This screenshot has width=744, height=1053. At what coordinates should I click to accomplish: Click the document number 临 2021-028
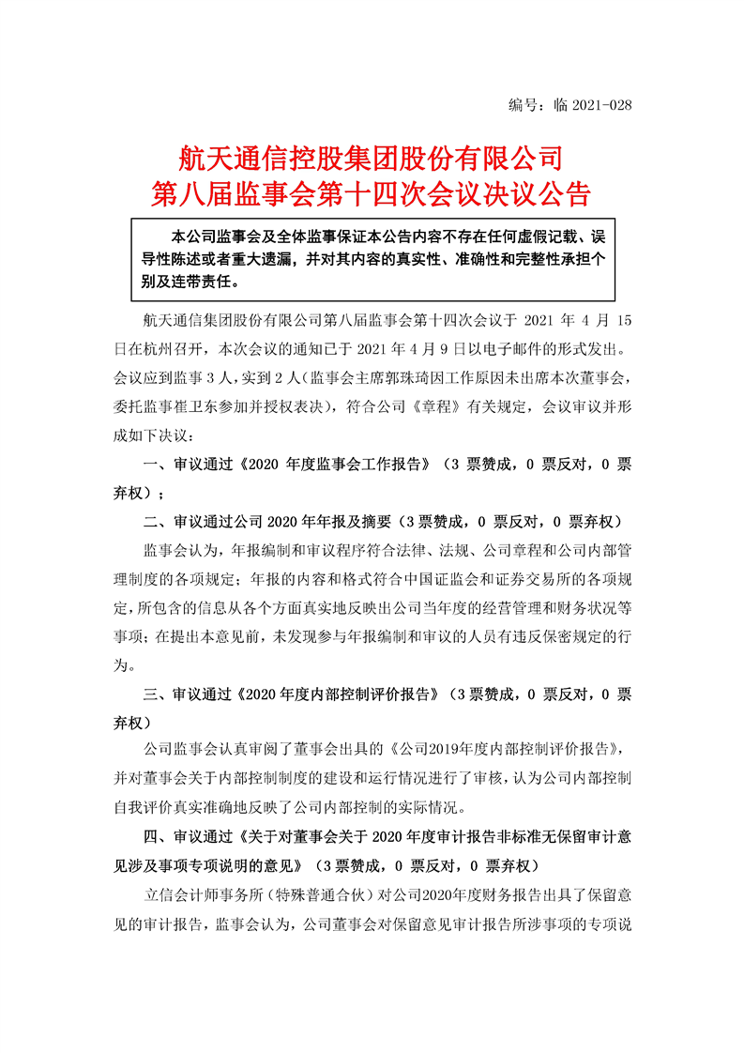coord(594,105)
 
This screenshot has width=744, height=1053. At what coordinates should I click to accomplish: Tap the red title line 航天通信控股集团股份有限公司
coord(371,156)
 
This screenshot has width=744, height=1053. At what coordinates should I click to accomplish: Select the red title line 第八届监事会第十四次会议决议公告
coord(371,193)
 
